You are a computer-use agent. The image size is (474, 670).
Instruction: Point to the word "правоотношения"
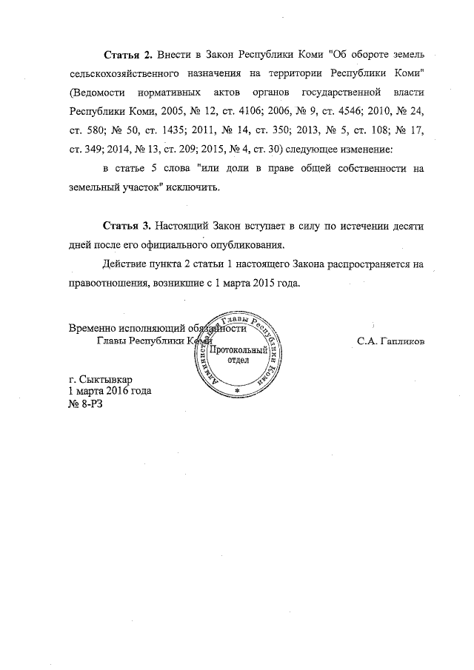coord(110,282)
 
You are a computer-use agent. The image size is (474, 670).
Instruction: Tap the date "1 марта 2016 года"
coord(113,390)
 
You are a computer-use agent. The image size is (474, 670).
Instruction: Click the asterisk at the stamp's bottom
coord(236,389)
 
